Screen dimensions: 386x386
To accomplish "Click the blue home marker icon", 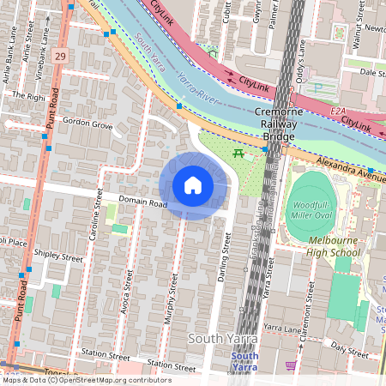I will (x=192, y=185).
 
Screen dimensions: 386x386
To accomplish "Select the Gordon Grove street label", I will (x=81, y=125).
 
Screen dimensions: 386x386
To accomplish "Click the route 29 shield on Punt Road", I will (x=59, y=56).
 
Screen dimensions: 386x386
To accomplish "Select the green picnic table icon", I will (x=238, y=154).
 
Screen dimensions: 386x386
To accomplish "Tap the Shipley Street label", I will (x=58, y=257).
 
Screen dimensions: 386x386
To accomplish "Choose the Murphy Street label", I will (x=171, y=301).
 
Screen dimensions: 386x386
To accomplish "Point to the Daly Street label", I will (x=349, y=350).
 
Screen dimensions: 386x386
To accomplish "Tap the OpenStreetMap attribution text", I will (x=86, y=380).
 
